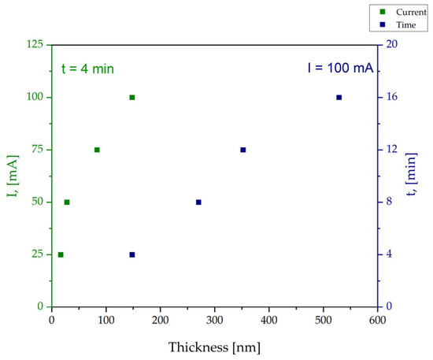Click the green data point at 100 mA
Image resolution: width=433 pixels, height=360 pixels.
click(x=132, y=97)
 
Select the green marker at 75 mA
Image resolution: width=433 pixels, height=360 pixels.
click(x=97, y=150)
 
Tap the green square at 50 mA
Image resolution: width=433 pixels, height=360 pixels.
click(x=67, y=202)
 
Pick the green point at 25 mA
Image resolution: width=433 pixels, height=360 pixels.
click(x=61, y=254)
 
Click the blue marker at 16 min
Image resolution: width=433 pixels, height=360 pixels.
click(x=339, y=97)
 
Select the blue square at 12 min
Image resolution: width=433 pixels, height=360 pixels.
click(x=243, y=150)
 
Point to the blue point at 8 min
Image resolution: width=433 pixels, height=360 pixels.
click(x=198, y=202)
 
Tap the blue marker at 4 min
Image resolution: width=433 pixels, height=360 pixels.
click(x=132, y=254)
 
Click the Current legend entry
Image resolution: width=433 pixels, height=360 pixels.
click(x=403, y=12)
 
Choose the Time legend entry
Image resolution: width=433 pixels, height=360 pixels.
click(x=398, y=24)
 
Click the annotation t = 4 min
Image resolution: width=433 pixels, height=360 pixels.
click(x=87, y=69)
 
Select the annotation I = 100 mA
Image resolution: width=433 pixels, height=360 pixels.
click(x=340, y=68)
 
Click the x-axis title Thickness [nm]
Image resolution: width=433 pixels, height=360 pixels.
click(x=214, y=347)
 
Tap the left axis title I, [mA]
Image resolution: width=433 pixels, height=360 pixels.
click(x=13, y=176)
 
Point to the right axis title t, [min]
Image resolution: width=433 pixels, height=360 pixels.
click(x=412, y=174)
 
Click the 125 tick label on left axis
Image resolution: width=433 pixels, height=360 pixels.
click(x=35, y=44)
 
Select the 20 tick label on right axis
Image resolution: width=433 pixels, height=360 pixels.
click(x=391, y=44)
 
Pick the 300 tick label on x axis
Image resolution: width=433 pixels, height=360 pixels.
click(x=215, y=320)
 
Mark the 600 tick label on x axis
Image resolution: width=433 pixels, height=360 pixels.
click(x=377, y=320)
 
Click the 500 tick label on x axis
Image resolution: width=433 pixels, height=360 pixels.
click(x=323, y=320)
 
